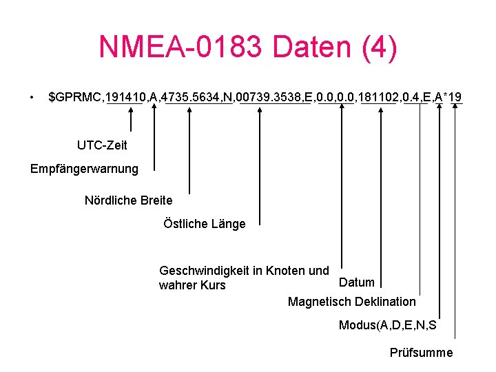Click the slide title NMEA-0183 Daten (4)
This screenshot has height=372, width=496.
coord(248,48)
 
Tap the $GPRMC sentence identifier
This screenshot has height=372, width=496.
coord(74,98)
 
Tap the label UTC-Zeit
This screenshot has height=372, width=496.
coord(102,145)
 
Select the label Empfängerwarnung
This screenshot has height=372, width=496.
coord(84,169)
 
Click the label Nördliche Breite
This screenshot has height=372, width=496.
coord(128,200)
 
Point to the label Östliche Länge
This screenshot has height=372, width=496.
coord(204,224)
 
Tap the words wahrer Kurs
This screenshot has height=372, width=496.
coord(192,285)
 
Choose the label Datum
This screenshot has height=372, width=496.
coord(357,282)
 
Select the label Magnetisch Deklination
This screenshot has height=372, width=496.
coord(351,302)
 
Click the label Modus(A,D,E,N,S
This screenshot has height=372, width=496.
coord(387,325)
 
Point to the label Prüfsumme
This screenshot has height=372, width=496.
coord(421,353)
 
